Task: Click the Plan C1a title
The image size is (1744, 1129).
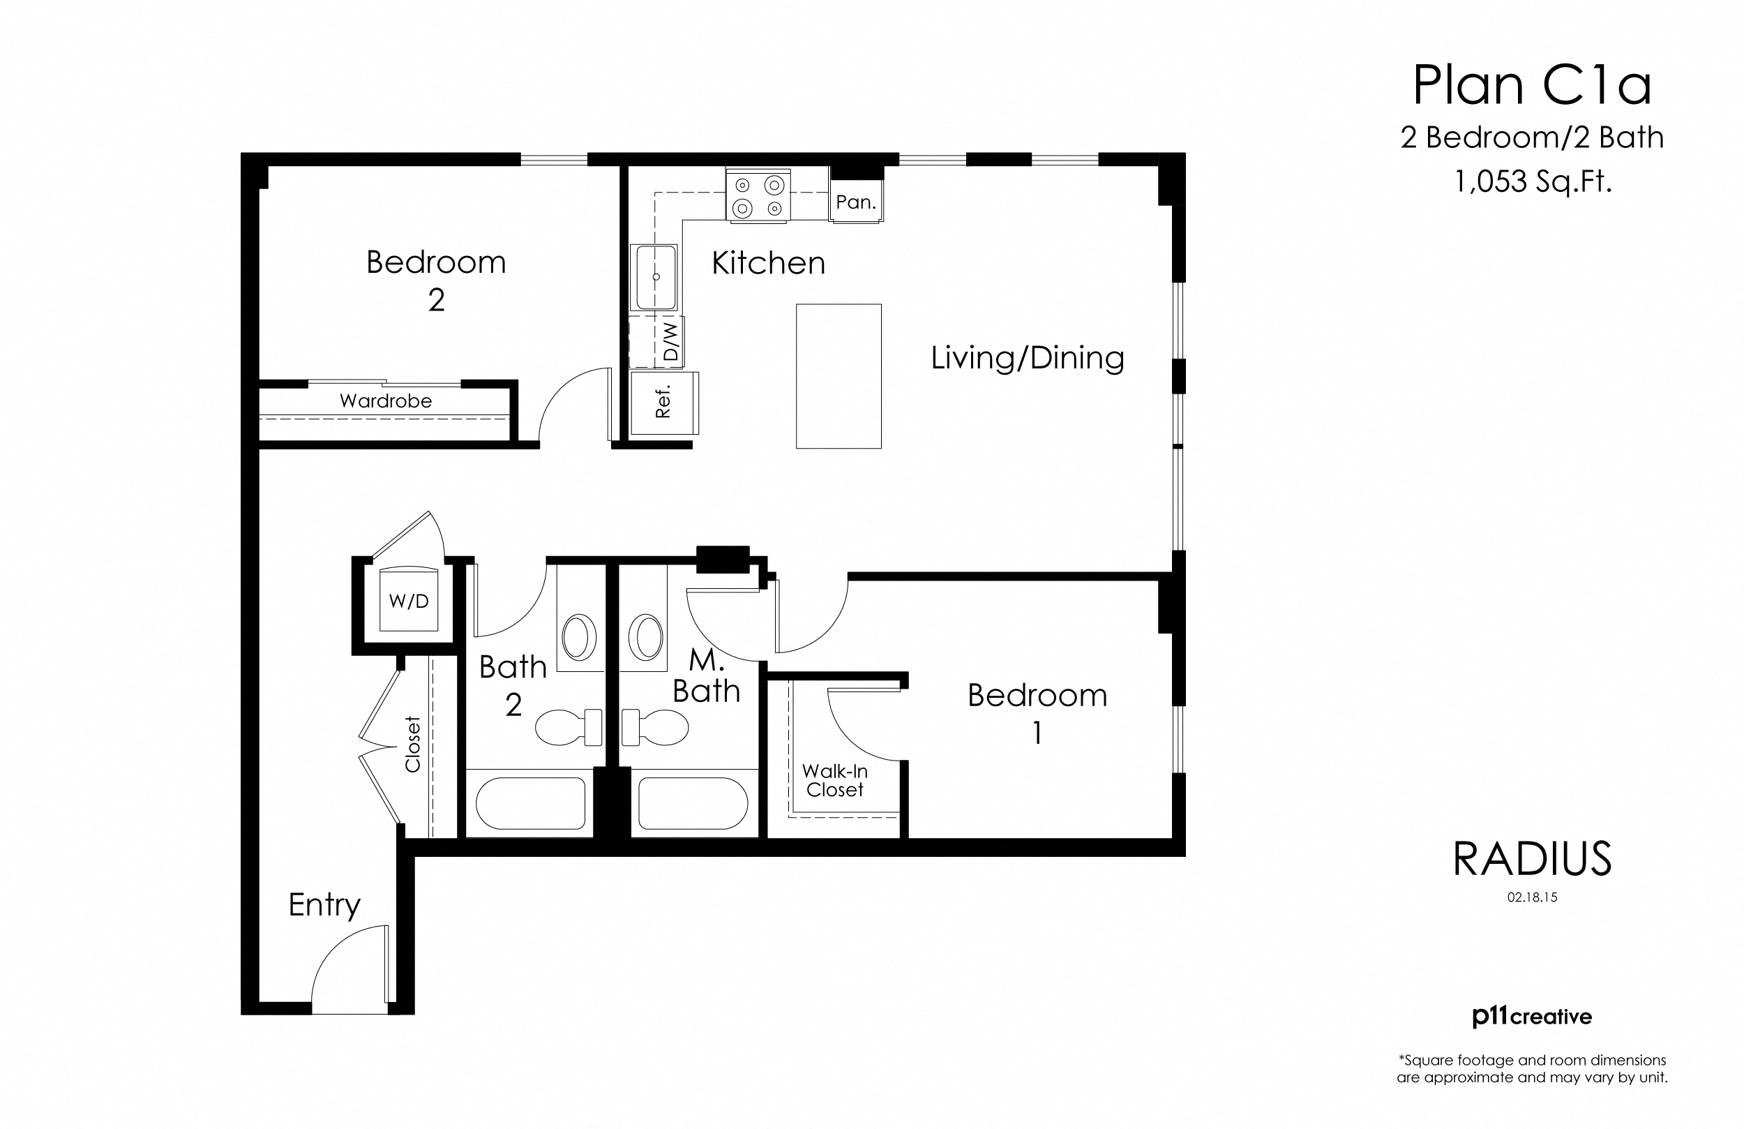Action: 1531,87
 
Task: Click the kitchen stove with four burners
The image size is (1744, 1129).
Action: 758,195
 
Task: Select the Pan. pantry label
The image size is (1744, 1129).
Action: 856,202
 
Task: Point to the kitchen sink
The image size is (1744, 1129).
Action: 655,277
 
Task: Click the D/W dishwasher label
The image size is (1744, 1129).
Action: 670,343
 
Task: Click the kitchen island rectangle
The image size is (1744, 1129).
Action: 839,375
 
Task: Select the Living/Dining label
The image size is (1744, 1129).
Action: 1028,358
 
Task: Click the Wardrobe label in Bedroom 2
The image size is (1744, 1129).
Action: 386,401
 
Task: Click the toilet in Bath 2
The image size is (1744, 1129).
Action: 568,726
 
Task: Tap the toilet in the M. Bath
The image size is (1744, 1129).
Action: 656,726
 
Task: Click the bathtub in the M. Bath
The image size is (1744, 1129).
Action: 693,802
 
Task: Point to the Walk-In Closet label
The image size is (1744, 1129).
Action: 834,780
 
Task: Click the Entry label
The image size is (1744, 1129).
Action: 324,905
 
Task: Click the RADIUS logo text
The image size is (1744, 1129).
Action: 1532,858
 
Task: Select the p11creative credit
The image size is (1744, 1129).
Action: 1531,1017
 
